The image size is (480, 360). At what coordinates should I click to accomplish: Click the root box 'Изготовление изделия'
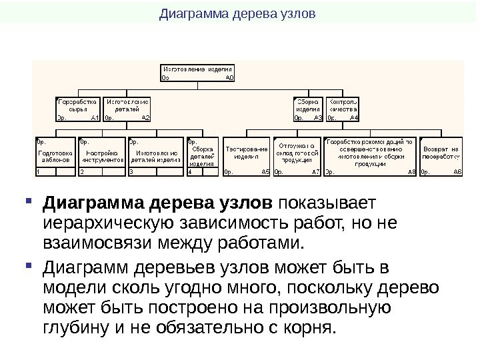tap(198, 73)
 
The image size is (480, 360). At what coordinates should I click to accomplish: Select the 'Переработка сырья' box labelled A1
tap(78, 108)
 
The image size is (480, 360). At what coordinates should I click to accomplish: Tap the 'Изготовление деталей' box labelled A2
tap(127, 108)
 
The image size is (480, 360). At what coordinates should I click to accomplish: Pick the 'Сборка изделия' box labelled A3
tap(308, 108)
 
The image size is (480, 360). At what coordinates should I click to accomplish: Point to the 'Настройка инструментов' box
tap(102, 157)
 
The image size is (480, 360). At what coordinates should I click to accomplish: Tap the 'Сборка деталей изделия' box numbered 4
tap(202, 157)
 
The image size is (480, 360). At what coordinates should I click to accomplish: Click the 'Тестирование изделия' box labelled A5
tap(246, 157)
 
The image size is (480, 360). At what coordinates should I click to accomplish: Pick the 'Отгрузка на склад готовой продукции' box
tap(297, 157)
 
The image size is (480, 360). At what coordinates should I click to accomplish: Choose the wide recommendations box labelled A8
tap(370, 157)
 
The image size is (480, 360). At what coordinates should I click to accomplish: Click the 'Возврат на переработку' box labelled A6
tap(441, 157)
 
